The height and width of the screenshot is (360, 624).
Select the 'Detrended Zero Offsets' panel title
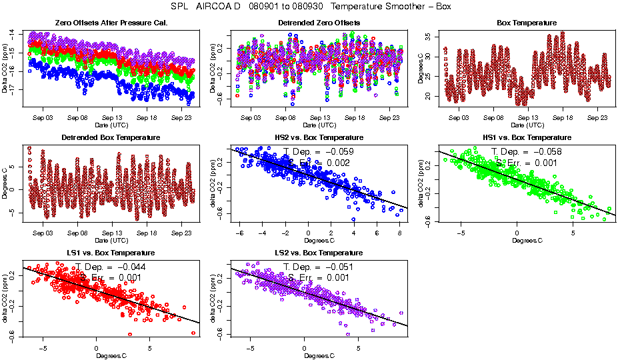click(x=319, y=23)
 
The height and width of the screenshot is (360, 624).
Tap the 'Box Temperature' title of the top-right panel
click(x=527, y=23)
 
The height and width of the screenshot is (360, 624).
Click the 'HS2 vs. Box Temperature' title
click(x=319, y=138)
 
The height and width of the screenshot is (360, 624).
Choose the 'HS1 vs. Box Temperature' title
click(x=527, y=138)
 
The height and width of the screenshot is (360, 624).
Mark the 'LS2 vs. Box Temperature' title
click(x=319, y=253)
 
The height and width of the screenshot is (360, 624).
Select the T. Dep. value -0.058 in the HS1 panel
click(x=545, y=152)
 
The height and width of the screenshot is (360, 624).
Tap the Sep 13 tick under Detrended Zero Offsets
click(x=320, y=118)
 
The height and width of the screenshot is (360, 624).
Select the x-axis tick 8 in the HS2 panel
click(x=399, y=233)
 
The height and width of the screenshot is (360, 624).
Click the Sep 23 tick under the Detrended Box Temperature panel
click(x=182, y=233)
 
